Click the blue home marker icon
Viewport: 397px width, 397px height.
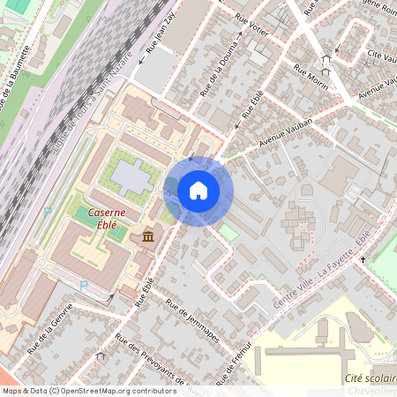click(x=198, y=191)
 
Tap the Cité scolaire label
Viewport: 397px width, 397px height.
click(x=368, y=377)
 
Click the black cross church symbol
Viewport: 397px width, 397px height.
click(x=363, y=260)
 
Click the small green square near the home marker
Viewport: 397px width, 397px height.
click(x=228, y=232)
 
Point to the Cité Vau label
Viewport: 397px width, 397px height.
click(x=382, y=55)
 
